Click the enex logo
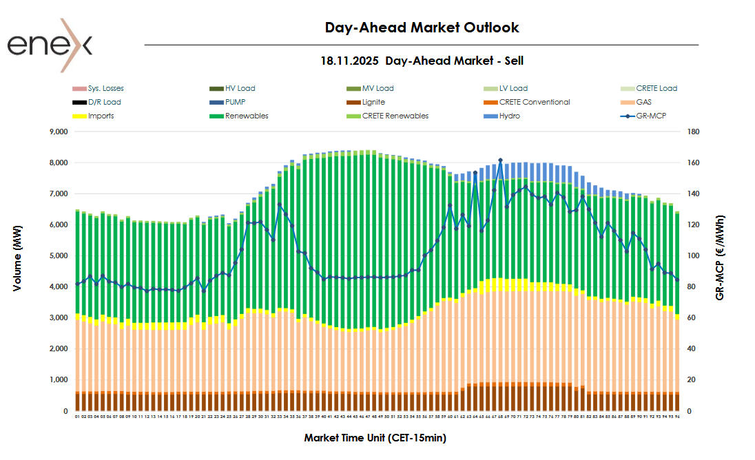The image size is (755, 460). point(50,45)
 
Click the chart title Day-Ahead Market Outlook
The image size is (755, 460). point(422,28)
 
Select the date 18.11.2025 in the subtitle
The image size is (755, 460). point(350,61)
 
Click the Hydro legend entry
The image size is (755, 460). point(509,116)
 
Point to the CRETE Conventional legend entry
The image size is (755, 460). point(534,102)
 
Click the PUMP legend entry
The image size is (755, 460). point(236,102)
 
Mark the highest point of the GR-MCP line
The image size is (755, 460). point(500,160)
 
